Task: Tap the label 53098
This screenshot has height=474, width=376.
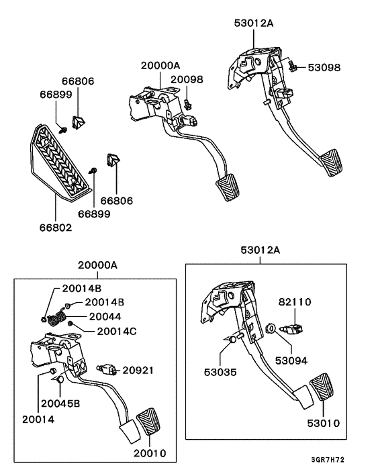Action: point(325,68)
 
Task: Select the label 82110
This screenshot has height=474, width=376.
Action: point(296,302)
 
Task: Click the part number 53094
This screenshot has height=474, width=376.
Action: point(291,360)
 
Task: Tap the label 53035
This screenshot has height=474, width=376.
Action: point(221,371)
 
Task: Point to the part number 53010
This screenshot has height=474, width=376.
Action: point(325,424)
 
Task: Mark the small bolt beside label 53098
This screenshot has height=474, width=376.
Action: point(293,67)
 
